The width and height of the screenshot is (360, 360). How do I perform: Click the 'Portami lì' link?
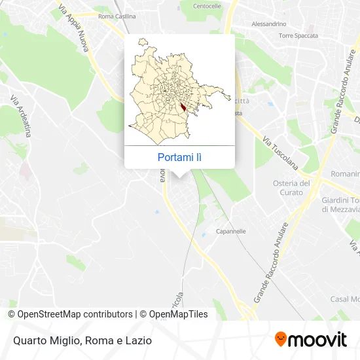[179, 157]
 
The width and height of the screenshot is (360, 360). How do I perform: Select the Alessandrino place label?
[270, 24]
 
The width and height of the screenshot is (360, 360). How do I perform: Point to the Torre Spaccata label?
[298, 35]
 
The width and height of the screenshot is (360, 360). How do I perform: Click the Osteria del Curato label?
[291, 187]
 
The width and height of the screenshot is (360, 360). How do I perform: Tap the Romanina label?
[345, 174]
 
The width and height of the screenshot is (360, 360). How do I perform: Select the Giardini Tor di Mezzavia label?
[340, 205]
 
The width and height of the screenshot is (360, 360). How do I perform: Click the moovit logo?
[310, 340]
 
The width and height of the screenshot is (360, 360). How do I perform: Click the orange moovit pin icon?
[281, 340]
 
